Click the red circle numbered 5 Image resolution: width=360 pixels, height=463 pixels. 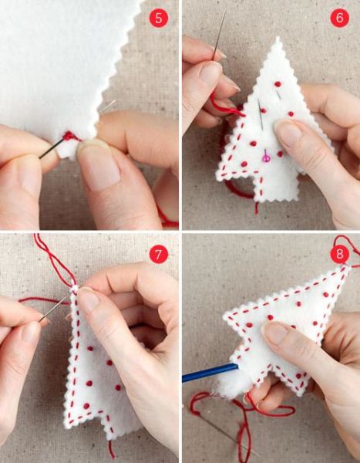(x=159, y=18)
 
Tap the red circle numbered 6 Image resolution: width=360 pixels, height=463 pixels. (x=339, y=18)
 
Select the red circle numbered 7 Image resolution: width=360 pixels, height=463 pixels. (x=159, y=254)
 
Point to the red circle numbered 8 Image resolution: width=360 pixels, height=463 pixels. (x=340, y=254)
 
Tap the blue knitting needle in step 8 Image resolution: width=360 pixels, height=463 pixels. (x=210, y=373)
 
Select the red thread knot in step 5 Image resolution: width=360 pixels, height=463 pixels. (x=69, y=136)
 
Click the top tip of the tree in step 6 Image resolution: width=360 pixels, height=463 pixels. (x=278, y=37)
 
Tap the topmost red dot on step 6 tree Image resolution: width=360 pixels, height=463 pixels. (x=278, y=84)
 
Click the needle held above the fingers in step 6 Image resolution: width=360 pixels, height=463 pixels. (x=220, y=33)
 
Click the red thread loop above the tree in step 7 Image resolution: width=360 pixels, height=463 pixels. (x=53, y=260)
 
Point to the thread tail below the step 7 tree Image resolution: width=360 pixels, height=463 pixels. (x=111, y=449)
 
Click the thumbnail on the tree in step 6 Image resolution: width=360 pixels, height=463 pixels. (x=288, y=130)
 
